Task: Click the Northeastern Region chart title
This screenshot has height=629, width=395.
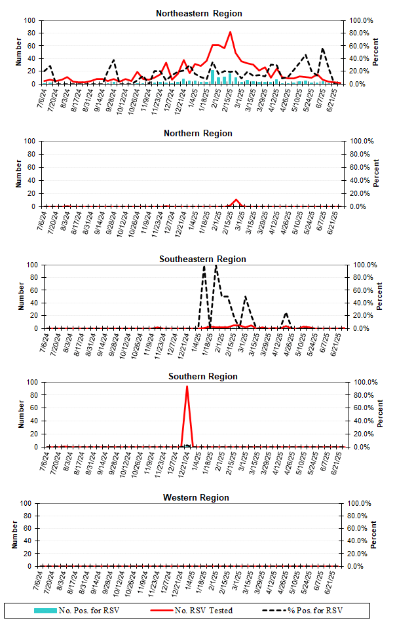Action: pyautogui.click(x=198, y=13)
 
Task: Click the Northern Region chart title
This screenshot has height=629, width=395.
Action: pyautogui.click(x=198, y=134)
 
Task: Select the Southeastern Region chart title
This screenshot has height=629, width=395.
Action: pyautogui.click(x=202, y=259)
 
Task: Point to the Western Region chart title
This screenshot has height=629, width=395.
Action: pyautogui.click(x=196, y=498)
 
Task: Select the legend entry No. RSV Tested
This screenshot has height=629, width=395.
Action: pyautogui.click(x=203, y=611)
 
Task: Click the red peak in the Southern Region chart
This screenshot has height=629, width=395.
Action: pyautogui.click(x=187, y=387)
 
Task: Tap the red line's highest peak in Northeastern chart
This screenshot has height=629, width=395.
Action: pyautogui.click(x=230, y=32)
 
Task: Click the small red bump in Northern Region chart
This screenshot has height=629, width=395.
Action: pyautogui.click(x=236, y=200)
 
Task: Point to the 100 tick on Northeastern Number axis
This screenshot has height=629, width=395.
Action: pyautogui.click(x=29, y=20)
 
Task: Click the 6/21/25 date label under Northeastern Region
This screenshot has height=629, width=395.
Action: pyautogui.click(x=334, y=98)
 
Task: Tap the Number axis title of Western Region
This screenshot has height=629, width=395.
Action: pyautogui.click(x=14, y=535)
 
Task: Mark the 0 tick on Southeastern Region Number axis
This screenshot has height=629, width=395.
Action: pyautogui.click(x=35, y=328)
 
